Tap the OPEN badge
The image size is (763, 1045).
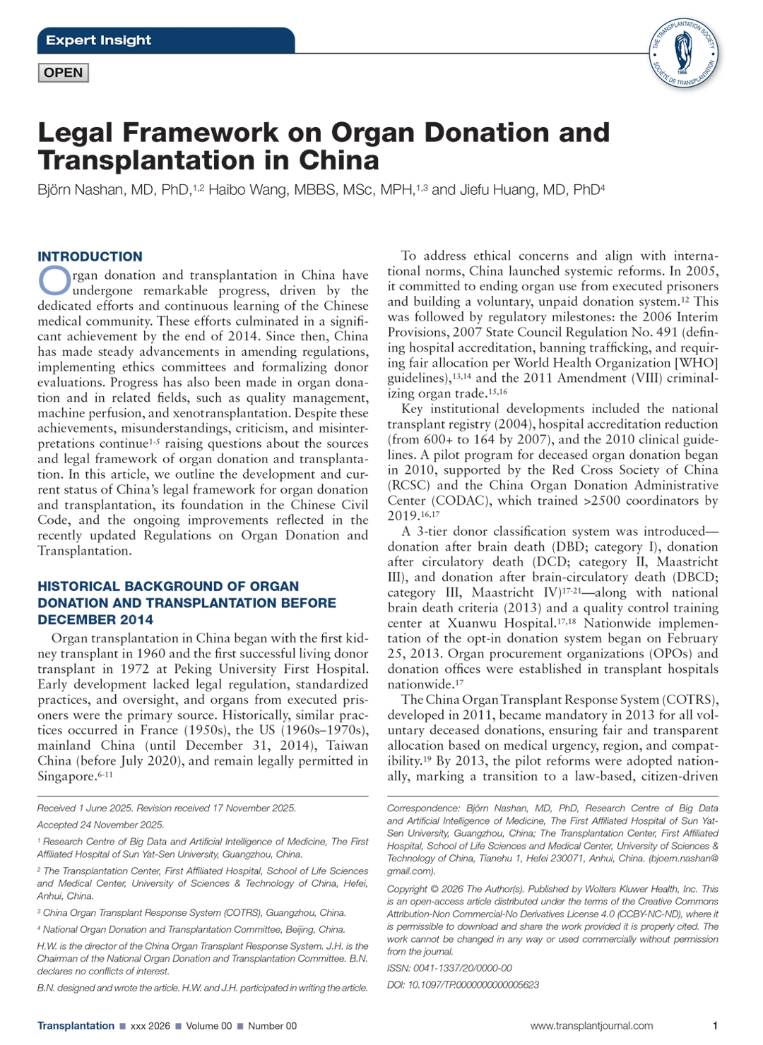tap(63, 73)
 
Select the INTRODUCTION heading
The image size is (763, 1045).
tap(90, 256)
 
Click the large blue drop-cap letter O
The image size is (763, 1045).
tap(54, 280)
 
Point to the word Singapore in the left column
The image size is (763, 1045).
tap(66, 777)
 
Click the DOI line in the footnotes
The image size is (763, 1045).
tap(463, 985)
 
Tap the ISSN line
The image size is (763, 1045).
tap(449, 968)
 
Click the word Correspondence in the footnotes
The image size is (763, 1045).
tap(422, 808)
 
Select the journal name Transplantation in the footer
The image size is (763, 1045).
tap(76, 1026)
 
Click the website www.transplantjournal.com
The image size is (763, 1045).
tap(591, 1026)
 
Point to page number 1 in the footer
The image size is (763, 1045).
tap(715, 1026)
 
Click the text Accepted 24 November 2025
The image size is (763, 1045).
tap(100, 825)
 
